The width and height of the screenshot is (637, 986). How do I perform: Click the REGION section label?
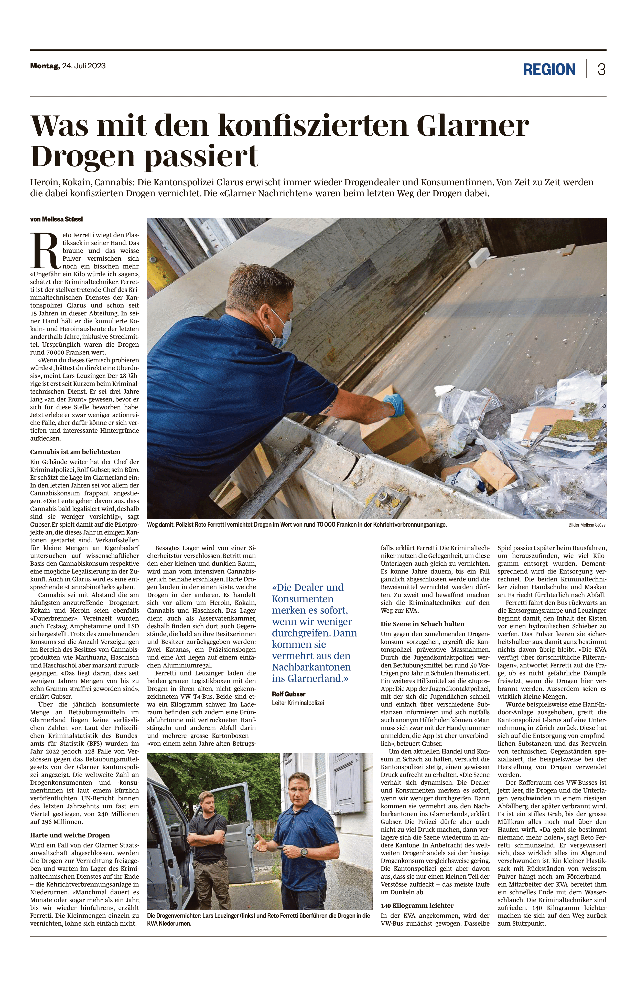pyautogui.click(x=549, y=69)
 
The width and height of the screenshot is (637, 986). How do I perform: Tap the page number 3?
pyautogui.click(x=601, y=69)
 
